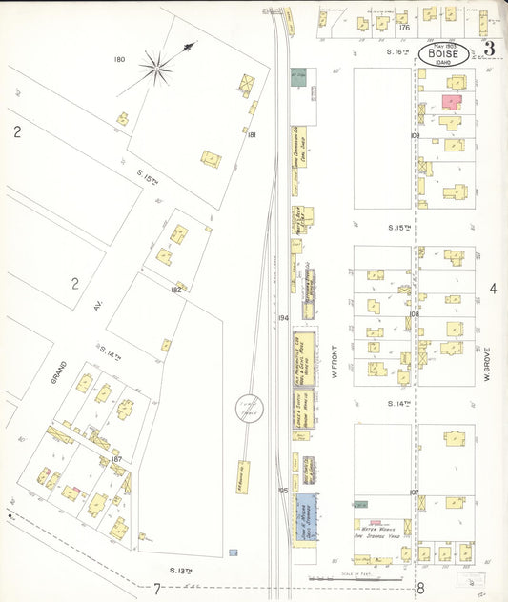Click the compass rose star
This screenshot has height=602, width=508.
(158, 66)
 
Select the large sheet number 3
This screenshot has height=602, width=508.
(489, 50)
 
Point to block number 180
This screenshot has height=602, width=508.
(119, 59)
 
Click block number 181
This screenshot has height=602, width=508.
(252, 135)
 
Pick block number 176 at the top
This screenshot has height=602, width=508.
(404, 28)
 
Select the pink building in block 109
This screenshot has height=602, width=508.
(450, 101)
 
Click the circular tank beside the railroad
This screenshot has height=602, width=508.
(251, 409)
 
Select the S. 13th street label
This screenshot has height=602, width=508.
(182, 570)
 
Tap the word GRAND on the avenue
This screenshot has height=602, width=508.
(59, 371)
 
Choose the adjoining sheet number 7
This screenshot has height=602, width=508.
(156, 588)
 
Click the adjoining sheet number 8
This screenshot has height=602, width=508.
(419, 588)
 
